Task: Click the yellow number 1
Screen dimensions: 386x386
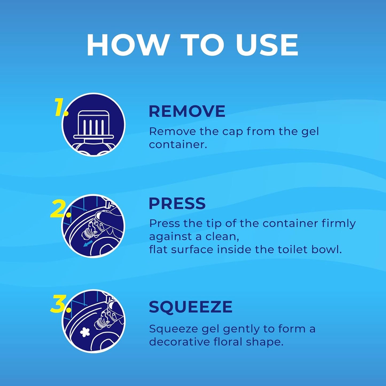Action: point(60,107)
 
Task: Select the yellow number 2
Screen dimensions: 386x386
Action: point(60,209)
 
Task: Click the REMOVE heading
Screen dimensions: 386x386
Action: point(187,111)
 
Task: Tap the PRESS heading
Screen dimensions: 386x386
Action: point(177,204)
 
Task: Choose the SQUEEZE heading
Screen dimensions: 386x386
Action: point(190,307)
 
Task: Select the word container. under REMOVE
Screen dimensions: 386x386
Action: point(178,145)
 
